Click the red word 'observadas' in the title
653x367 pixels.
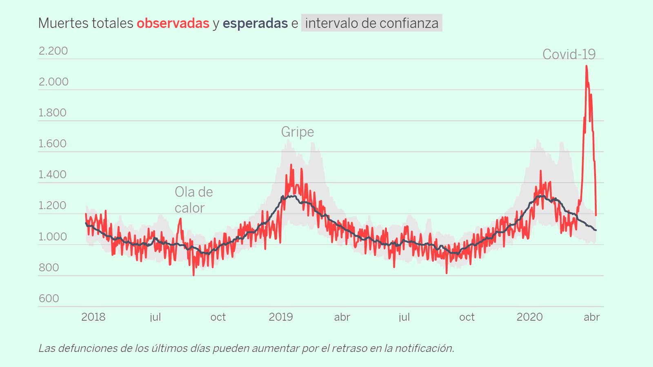tap(173, 24)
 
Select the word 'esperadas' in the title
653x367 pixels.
tap(255, 24)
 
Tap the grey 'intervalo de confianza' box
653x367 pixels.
tap(371, 23)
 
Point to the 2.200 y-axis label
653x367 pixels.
tap(53, 51)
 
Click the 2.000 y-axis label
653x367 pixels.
tap(53, 82)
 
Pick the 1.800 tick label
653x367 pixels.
tap(52, 113)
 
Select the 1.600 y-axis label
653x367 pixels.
tap(52, 144)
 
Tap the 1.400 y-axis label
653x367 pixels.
tap(52, 175)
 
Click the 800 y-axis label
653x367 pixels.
tap(49, 268)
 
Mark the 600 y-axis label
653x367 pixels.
tap(49, 298)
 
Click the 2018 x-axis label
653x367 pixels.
tap(93, 317)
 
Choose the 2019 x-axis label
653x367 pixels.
tap(281, 317)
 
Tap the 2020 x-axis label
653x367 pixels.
tap(529, 317)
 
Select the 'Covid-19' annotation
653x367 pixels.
tap(569, 54)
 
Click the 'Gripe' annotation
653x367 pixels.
tap(298, 132)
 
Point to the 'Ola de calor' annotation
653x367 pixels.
tap(193, 200)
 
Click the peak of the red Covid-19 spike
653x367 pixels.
tap(586, 66)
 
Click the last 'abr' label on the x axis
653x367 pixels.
tap(591, 317)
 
